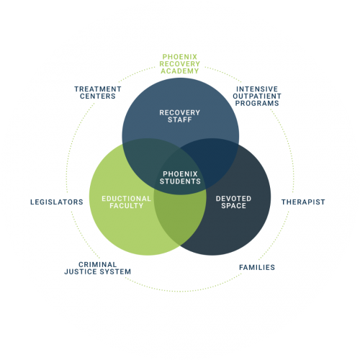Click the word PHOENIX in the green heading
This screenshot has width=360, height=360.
pyautogui.click(x=180, y=57)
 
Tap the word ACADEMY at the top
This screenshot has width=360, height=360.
pyautogui.click(x=180, y=71)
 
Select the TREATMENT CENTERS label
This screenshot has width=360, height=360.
pyautogui.click(x=98, y=93)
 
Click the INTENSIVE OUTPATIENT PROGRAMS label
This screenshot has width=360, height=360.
pyautogui.click(x=257, y=96)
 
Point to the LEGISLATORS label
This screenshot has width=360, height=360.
pyautogui.click(x=57, y=202)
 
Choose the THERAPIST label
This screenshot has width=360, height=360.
pyautogui.click(x=303, y=202)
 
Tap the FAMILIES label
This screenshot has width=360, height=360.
pyautogui.click(x=257, y=267)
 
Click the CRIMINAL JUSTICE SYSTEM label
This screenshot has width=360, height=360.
pyautogui.click(x=98, y=268)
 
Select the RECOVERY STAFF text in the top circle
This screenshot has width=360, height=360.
pyautogui.click(x=180, y=116)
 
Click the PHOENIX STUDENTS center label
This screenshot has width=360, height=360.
pyautogui.click(x=180, y=178)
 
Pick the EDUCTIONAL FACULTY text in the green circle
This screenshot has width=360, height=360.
pyautogui.click(x=127, y=202)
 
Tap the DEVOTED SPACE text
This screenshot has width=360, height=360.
pyautogui.click(x=233, y=202)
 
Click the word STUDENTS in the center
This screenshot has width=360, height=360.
pyautogui.click(x=180, y=181)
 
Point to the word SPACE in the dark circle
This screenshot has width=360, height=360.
pyautogui.click(x=233, y=206)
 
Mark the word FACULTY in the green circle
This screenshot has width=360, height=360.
pyautogui.click(x=127, y=206)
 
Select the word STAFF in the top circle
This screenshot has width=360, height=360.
pyautogui.click(x=180, y=120)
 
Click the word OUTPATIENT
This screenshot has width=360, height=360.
pyautogui.click(x=257, y=96)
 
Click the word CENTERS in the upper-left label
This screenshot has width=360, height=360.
pyautogui.click(x=98, y=96)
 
